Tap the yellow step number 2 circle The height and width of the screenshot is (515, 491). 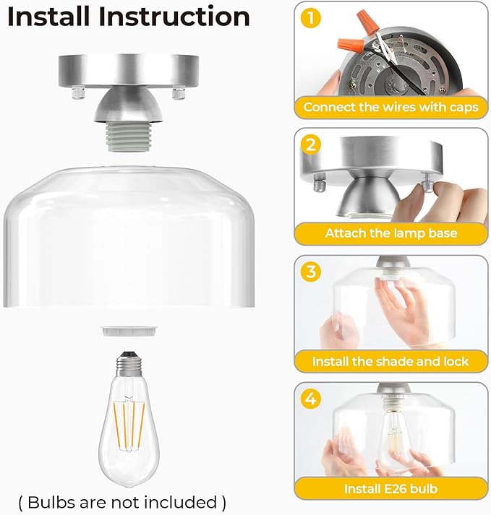tap(311, 144)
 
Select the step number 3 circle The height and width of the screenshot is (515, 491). tap(311, 272)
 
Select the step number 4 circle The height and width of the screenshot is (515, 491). tap(311, 397)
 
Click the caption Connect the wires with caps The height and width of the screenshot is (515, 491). tap(390, 108)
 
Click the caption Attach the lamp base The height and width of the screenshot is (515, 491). tap(390, 233)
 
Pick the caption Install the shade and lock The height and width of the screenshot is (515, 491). tap(390, 361)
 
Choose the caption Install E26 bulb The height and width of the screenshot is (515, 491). tap(390, 489)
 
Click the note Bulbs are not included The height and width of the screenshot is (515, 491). tap(122, 501)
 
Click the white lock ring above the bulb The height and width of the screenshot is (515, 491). tap(132, 331)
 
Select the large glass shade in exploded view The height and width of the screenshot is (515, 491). tap(132, 238)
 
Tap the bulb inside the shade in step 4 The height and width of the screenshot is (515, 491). tap(394, 433)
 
